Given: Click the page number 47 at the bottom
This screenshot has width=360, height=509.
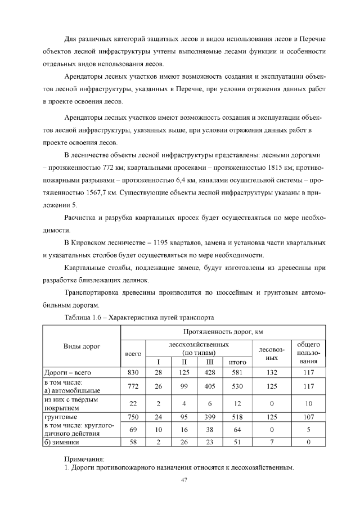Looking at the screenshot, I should point(183,480).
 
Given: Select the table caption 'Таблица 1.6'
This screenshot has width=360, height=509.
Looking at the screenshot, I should point(84,317).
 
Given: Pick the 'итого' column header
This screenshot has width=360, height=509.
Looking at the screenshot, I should point(238,362).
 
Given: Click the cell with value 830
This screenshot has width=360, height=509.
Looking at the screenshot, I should point(133,372).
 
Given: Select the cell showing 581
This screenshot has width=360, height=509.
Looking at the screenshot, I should point(238,372).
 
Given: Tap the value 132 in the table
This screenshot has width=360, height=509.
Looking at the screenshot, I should point(272,372).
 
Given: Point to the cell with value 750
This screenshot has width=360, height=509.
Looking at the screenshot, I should point(133,418).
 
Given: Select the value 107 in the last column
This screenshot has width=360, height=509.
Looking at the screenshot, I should point(308,418).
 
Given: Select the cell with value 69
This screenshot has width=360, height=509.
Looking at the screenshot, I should point(133,430).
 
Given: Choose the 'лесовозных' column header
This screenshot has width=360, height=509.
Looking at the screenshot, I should point(272,353).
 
